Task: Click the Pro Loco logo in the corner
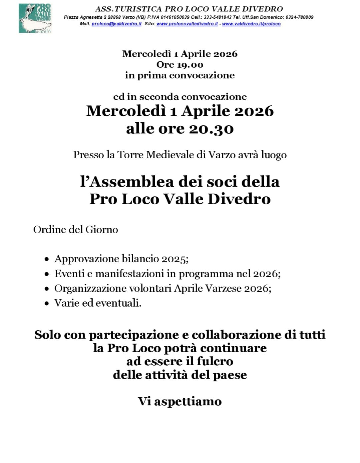35,18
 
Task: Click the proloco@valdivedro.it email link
116,24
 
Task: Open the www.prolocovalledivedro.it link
187,24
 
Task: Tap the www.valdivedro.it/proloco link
251,24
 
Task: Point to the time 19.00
190,65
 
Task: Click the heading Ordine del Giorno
75,229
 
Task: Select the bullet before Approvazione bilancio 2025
47,259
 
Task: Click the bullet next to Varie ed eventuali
47,303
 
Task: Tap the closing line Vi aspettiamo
180,401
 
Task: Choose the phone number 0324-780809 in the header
299,17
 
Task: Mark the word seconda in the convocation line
159,97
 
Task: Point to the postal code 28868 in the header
114,17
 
